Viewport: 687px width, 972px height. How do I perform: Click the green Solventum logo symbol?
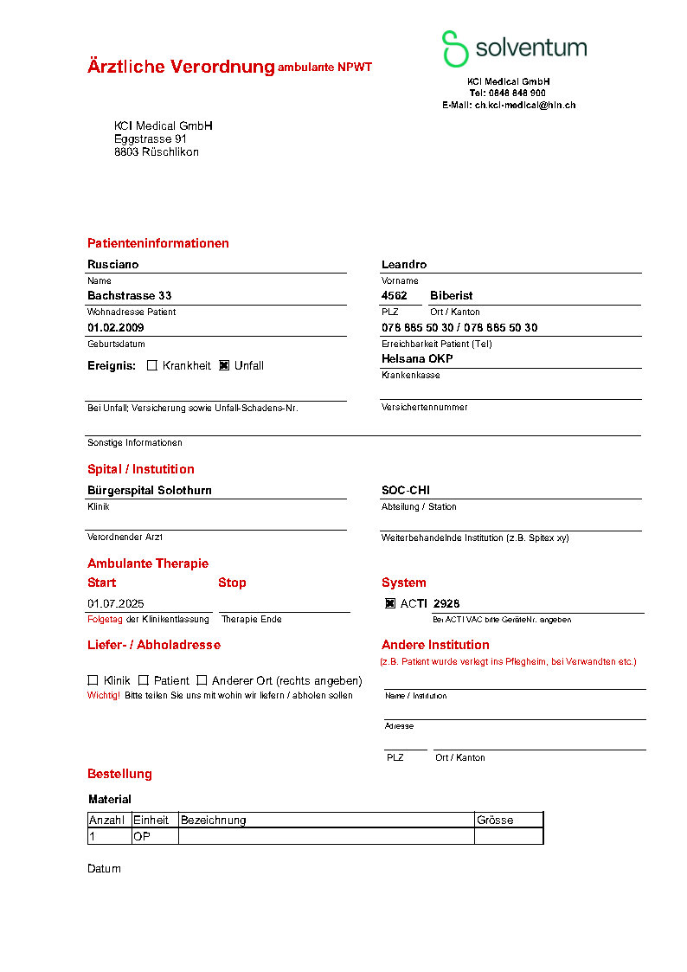point(454,48)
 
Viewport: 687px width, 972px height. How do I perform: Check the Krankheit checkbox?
point(152,365)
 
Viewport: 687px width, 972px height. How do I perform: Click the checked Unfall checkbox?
point(224,365)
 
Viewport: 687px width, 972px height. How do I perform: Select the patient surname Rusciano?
point(112,264)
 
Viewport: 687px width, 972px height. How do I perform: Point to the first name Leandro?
point(404,264)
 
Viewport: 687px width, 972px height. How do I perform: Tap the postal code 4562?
point(395,295)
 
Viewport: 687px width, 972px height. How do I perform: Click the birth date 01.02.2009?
point(116,328)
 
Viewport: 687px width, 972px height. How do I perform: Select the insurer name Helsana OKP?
point(417,358)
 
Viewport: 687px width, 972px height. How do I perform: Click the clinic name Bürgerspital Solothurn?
point(150,490)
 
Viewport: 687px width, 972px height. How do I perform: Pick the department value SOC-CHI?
point(406,490)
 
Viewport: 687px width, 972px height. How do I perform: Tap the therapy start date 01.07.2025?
point(116,603)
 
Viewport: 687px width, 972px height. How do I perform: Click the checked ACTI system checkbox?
point(390,603)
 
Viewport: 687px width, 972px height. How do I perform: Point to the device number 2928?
point(446,603)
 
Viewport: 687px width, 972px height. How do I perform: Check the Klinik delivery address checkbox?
point(93,680)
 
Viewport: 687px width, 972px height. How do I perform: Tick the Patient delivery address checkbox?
point(144,680)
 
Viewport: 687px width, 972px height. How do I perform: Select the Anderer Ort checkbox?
point(202,680)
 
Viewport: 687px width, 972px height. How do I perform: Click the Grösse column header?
point(495,820)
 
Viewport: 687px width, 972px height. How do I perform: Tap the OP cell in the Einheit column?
point(142,836)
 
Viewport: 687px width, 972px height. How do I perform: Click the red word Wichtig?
point(104,695)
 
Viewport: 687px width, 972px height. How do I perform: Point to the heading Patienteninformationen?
point(158,243)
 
